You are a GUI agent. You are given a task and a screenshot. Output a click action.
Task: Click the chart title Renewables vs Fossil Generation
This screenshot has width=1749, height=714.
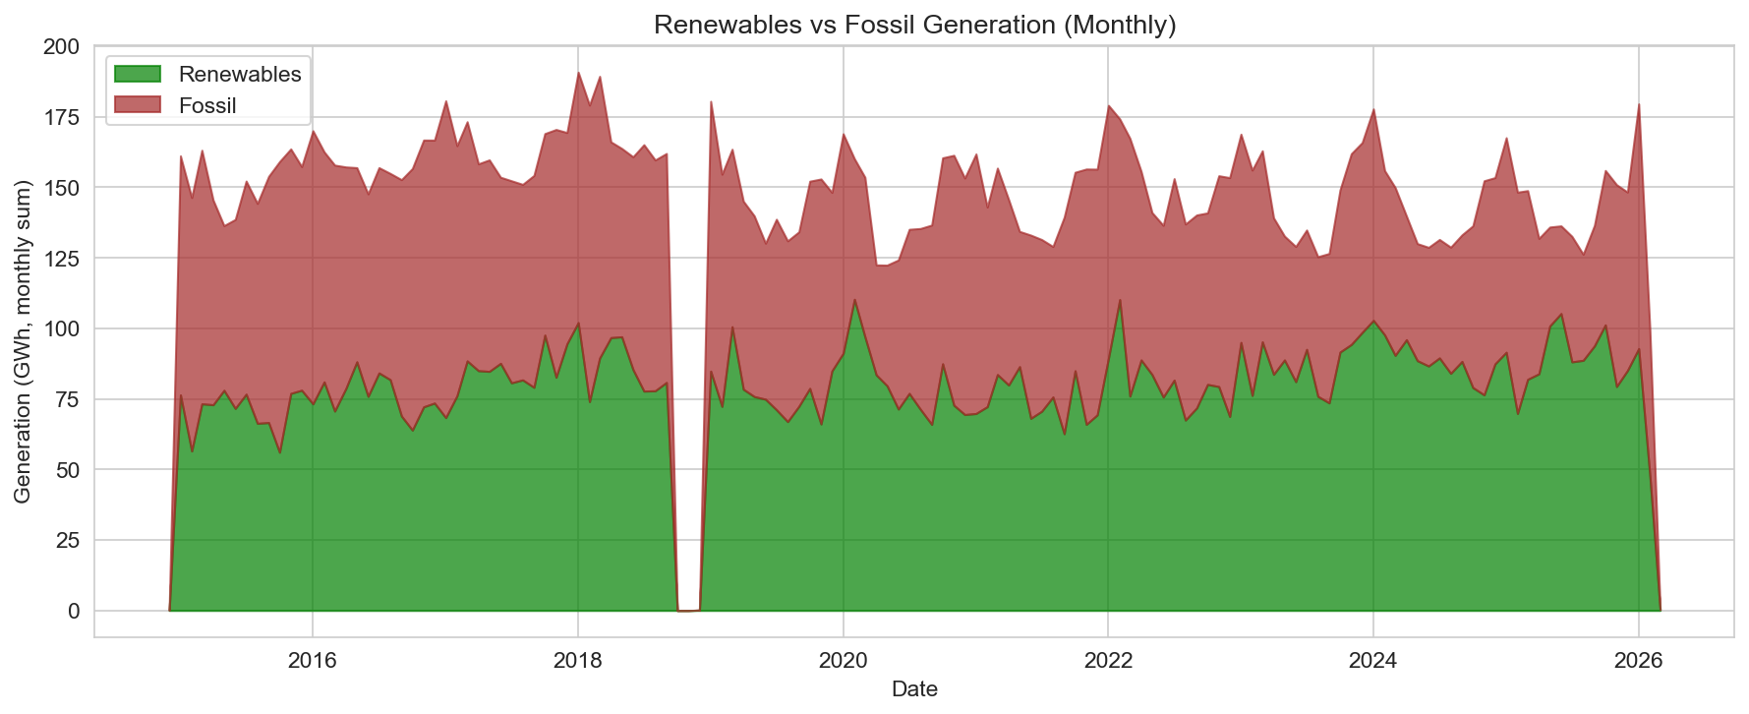click(914, 25)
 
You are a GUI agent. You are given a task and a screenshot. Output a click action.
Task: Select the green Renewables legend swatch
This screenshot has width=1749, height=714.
click(137, 74)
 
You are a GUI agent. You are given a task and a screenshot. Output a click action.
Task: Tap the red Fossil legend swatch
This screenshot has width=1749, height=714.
click(137, 105)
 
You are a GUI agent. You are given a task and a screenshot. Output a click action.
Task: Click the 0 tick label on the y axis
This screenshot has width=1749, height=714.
click(74, 611)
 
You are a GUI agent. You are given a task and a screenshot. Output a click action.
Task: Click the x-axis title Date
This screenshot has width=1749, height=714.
click(914, 689)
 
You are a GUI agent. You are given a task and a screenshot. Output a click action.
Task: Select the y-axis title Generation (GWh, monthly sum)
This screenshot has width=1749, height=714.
click(23, 341)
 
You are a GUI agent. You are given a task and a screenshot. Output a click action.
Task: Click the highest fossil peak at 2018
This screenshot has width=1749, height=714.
click(578, 73)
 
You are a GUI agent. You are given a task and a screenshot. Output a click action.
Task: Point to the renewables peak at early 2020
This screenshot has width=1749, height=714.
click(854, 300)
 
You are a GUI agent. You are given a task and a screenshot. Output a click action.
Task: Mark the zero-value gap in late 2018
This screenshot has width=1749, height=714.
click(688, 610)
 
